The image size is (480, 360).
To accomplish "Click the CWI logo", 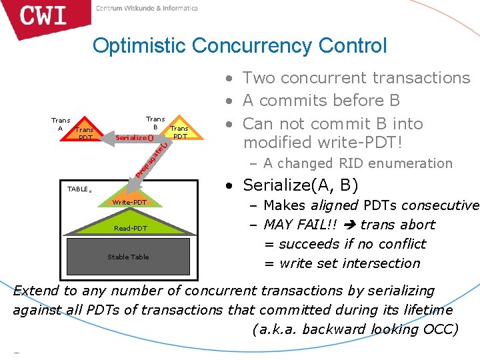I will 44,16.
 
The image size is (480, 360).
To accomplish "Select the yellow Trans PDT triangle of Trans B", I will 179,131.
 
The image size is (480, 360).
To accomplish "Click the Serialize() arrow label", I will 134,137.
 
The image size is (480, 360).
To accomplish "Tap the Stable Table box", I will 129,257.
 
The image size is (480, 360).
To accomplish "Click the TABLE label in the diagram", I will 79,189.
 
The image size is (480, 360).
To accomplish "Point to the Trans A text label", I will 61,125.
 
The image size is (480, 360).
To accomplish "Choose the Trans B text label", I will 155,123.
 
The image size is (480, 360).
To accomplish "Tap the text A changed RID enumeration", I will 357,163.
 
